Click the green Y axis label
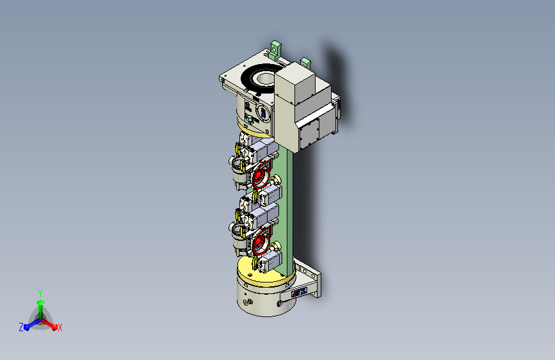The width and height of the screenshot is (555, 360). pos(40,293)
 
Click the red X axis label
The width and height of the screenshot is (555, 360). pos(60,328)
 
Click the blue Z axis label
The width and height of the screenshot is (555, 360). pos(21,327)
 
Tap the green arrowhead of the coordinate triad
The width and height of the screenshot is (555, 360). pos(41,302)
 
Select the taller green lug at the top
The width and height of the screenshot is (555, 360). pos(275,49)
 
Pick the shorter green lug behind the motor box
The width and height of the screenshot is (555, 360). pos(305,63)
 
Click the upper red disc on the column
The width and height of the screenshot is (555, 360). pos(261,175)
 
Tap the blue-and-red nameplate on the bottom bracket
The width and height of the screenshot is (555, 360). pos(299,293)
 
